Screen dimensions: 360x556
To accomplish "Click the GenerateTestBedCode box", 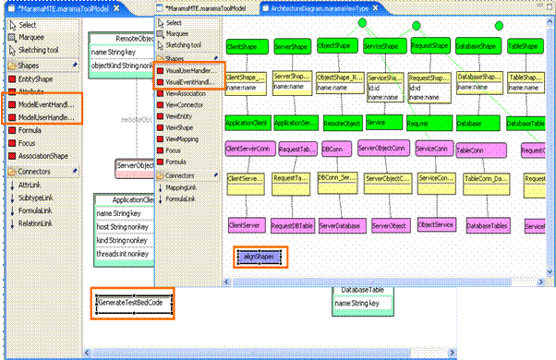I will coord(135,302).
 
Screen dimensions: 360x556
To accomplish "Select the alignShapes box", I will coord(260,257).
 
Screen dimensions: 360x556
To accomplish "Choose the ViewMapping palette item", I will coord(186,136).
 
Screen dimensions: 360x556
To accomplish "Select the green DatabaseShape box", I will coord(477,45).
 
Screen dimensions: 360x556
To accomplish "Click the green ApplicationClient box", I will coord(246,122).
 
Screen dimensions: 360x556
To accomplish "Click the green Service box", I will coord(381,121).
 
